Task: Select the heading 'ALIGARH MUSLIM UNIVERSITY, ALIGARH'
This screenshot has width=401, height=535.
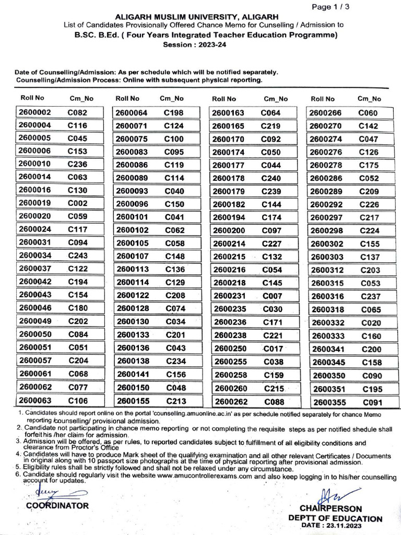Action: click(196, 17)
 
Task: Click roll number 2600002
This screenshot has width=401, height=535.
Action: click(34, 112)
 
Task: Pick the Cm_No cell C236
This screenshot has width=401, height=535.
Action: click(78, 164)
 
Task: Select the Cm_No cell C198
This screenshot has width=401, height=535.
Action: click(173, 113)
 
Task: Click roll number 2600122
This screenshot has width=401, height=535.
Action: click(133, 295)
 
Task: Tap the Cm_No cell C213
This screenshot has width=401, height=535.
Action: click(176, 401)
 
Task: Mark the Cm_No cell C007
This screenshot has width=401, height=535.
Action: click(273, 296)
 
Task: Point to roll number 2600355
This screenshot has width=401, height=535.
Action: click(328, 402)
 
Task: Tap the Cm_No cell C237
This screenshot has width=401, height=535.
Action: click(371, 296)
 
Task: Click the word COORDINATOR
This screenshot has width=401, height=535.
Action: click(57, 506)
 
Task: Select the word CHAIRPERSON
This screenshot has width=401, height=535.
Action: click(331, 508)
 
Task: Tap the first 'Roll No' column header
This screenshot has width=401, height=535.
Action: click(32, 98)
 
